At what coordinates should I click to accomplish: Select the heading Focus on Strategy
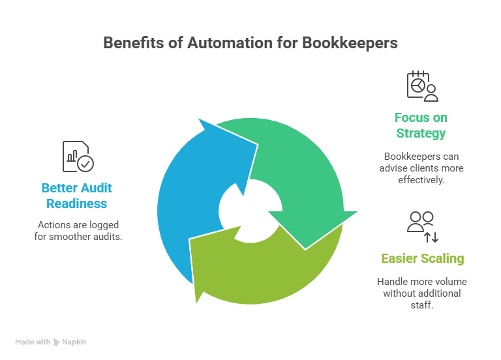tap(421, 125)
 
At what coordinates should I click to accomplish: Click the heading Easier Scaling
tap(422, 258)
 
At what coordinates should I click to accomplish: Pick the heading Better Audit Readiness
tap(77, 196)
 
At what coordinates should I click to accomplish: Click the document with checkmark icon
tap(78, 157)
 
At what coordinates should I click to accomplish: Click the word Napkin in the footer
tap(76, 342)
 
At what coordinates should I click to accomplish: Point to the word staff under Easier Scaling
tap(421, 305)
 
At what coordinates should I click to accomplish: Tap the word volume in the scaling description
tap(451, 282)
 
